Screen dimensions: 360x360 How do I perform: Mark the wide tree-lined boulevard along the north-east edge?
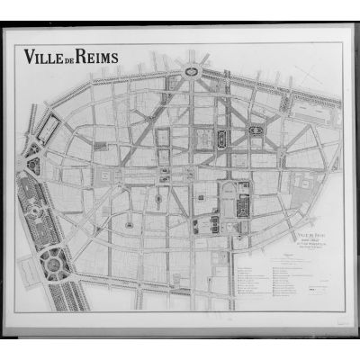click(x=270, y=85)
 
